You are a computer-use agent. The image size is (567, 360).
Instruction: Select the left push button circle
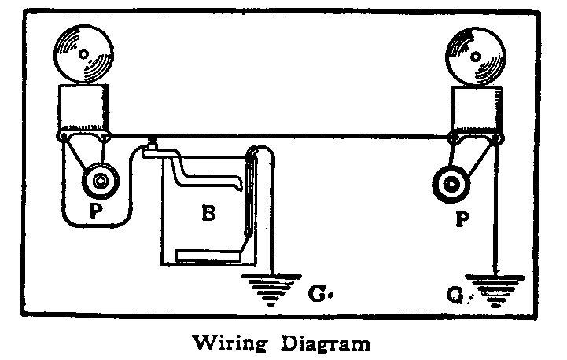pyautogui.click(x=101, y=182)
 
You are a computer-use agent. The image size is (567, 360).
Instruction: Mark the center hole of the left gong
pyautogui.click(x=82, y=53)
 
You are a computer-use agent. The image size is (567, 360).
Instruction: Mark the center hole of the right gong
pyautogui.click(x=479, y=53)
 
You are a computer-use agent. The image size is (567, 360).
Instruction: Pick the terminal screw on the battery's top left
pyautogui.click(x=151, y=147)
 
